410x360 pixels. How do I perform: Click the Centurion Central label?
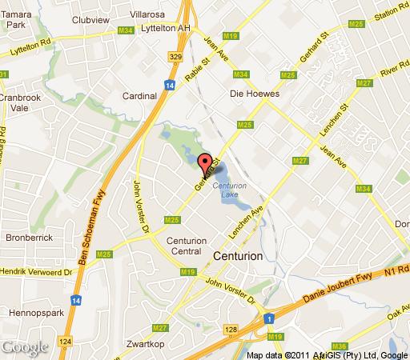pyautogui.click(x=187, y=246)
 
